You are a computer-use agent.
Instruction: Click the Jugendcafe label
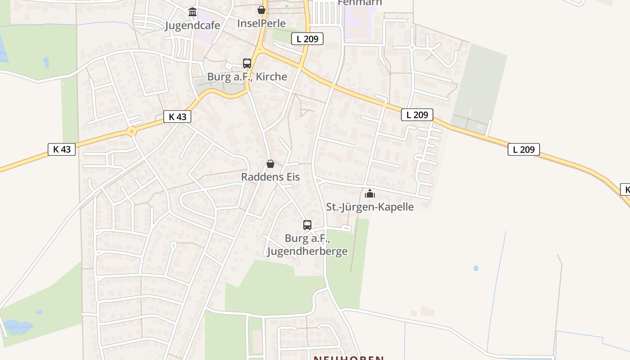coord(193,25)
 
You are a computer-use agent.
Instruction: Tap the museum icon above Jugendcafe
coord(193,12)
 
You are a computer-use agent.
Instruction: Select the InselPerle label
coord(261,23)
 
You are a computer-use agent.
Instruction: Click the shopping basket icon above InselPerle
coord(261,10)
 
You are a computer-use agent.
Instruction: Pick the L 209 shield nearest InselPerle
coord(307,39)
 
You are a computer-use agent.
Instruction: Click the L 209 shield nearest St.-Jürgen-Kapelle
coord(417,115)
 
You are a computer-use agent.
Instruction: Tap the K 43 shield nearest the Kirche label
coord(177,117)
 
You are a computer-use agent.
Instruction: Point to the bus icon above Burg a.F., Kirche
coord(247,63)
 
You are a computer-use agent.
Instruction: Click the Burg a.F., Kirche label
coord(247,76)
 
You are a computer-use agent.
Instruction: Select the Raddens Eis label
coord(270,177)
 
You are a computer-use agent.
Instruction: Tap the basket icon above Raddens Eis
coord(270,164)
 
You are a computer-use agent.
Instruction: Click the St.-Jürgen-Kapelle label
coord(369,207)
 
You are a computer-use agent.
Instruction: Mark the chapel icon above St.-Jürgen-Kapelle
coord(369,194)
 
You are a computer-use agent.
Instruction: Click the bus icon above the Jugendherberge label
coord(307,225)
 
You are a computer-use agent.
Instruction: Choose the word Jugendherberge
coord(307,251)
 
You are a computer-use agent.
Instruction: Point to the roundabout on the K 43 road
coord(131,132)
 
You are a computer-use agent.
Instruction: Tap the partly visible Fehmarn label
coord(360,3)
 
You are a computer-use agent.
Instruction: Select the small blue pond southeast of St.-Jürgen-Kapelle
coord(476,268)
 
